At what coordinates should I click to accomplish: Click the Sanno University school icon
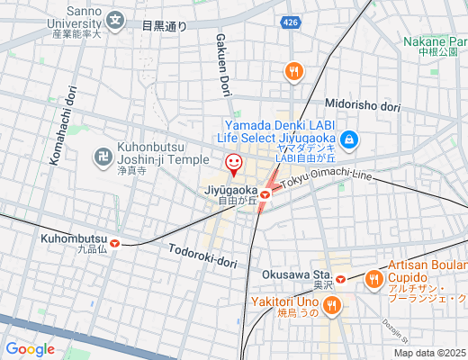[x=115, y=19]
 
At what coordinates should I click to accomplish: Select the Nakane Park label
[x=436, y=41]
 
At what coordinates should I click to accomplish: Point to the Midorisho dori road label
[x=362, y=105]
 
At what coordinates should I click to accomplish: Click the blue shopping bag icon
[x=350, y=139]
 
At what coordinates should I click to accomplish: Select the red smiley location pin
[x=233, y=164]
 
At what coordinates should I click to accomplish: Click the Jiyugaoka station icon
[x=265, y=192]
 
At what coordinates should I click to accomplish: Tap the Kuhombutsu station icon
[x=115, y=240]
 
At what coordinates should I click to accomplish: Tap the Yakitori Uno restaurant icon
[x=332, y=306]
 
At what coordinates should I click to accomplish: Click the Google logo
[x=30, y=349]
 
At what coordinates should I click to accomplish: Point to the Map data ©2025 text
[x=429, y=353]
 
